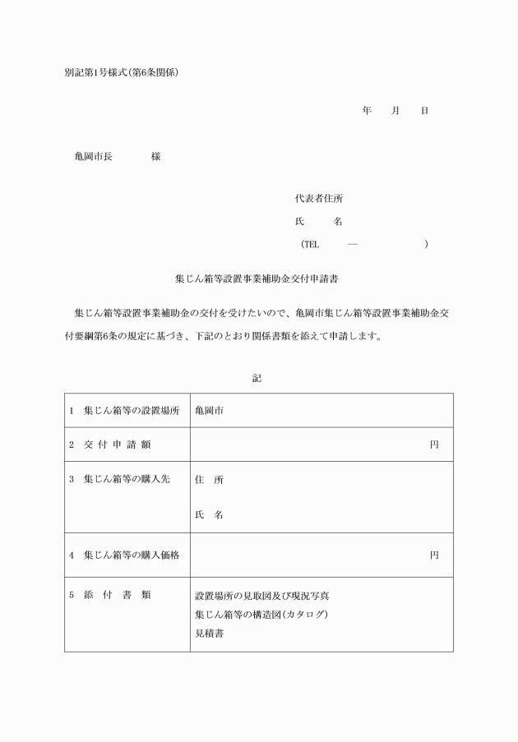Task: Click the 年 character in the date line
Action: (366, 110)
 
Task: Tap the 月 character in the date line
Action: (395, 110)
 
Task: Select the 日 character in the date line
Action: (423, 110)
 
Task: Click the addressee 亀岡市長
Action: (93, 156)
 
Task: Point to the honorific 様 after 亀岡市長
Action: (155, 156)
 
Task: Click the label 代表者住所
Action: (318, 199)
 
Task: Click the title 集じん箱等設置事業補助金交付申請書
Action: (258, 279)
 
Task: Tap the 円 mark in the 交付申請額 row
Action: (434, 445)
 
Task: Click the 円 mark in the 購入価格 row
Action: (434, 555)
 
